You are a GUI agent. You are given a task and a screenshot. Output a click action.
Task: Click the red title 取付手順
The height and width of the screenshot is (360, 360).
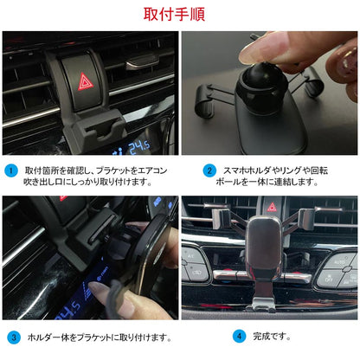179,15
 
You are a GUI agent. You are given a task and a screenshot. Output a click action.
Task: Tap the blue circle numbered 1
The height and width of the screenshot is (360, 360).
11,170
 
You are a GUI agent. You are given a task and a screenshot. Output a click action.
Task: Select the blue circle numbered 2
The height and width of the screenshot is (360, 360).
209,170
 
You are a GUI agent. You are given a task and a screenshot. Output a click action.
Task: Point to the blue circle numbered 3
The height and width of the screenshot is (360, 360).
12,336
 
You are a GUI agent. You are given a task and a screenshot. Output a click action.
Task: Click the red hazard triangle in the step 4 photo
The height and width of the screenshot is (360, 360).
272,208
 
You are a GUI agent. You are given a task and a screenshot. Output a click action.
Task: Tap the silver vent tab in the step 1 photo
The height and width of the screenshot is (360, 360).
140,62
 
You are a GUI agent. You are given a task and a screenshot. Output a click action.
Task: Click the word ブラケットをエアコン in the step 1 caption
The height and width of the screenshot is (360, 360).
128,170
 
